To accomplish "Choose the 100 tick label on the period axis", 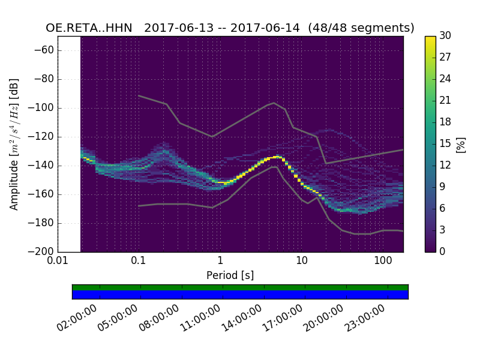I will point(383,262).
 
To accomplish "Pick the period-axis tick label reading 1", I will point(220,262).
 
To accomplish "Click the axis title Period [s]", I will point(230,275).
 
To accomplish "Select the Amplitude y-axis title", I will point(14,144).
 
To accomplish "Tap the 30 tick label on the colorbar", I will point(446,36).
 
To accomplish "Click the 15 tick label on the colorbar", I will point(445,143).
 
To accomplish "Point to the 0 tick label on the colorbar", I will point(443,251).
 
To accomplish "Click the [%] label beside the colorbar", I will point(461,144).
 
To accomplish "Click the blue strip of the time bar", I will point(240,295).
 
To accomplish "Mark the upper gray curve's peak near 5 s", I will point(274,103).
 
